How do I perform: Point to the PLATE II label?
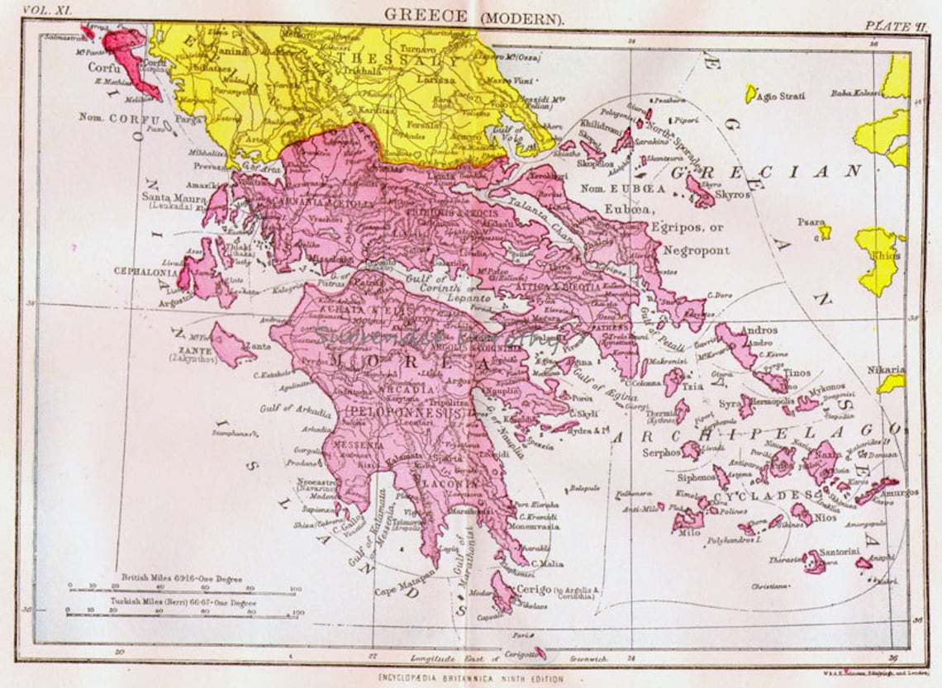(889, 25)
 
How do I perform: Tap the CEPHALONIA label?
(145, 269)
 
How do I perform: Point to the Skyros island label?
(734, 195)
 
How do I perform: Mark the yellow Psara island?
(824, 232)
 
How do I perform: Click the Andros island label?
(759, 330)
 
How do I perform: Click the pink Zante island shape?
(229, 345)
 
